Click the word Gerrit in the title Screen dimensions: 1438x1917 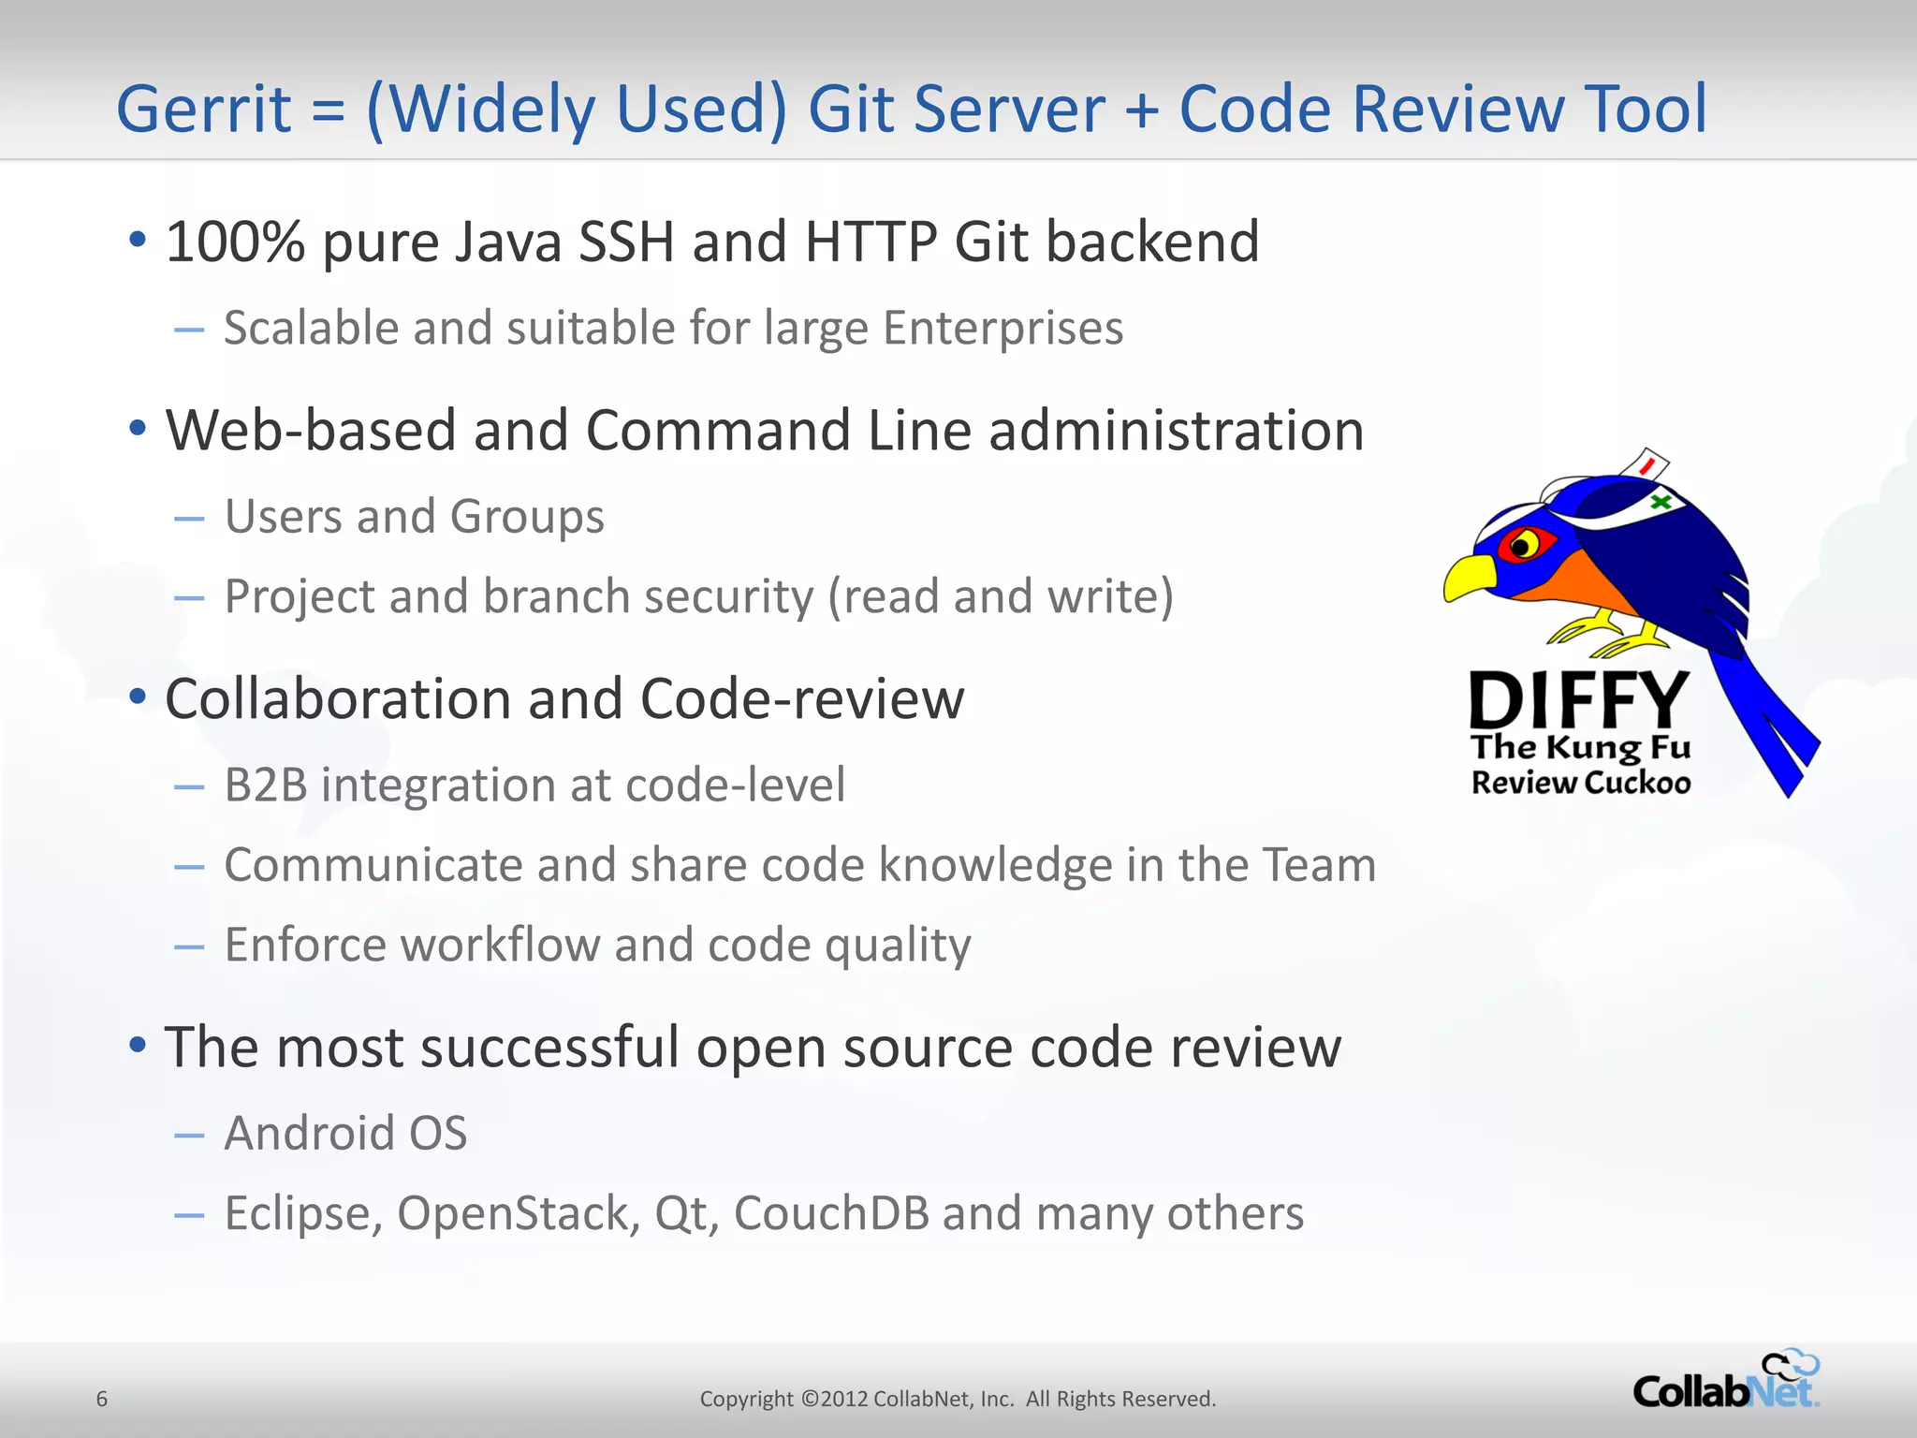tap(203, 110)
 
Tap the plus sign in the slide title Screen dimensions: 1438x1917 tap(1141, 110)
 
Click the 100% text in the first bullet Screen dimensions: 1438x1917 tap(235, 242)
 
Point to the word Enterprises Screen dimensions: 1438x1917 tap(1002, 329)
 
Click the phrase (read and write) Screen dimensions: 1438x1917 tap(1001, 596)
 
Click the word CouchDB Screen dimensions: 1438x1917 tap(831, 1213)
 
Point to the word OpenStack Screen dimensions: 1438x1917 tap(519, 1213)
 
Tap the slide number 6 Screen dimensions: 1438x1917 tap(102, 1399)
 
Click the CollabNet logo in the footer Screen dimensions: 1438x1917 tap(1725, 1382)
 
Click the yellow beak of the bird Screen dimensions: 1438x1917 tap(1469, 578)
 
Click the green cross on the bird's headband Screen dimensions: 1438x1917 tap(1661, 502)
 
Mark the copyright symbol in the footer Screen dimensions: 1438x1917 tap(810, 1399)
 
